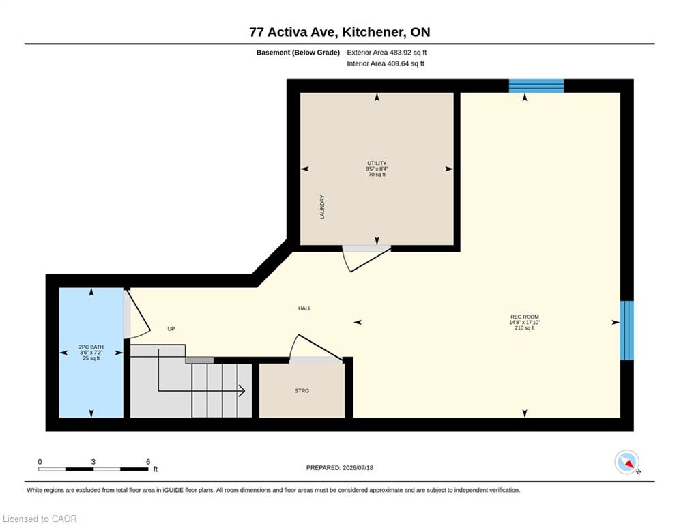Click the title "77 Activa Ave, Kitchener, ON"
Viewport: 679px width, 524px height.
coord(340,32)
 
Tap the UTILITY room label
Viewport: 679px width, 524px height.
coord(377,163)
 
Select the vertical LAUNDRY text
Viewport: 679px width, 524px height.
coord(322,207)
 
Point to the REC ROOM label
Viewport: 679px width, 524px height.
coord(524,317)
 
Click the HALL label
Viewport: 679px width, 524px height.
coord(304,308)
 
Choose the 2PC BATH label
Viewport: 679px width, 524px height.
coord(91,347)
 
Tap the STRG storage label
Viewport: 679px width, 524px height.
coord(302,391)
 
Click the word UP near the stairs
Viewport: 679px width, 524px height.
coord(171,329)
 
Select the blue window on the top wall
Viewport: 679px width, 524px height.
coord(536,86)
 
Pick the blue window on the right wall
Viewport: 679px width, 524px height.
coord(627,330)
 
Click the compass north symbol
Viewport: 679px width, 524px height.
coord(627,463)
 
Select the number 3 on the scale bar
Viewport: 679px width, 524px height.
coord(93,462)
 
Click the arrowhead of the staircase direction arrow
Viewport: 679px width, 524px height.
coord(242,391)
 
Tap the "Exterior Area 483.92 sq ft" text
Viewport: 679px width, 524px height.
coord(387,53)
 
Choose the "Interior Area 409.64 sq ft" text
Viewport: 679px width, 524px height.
coord(386,63)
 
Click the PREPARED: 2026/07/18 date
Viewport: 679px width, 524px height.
coord(340,467)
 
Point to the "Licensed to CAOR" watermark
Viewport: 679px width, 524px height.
coord(40,519)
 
